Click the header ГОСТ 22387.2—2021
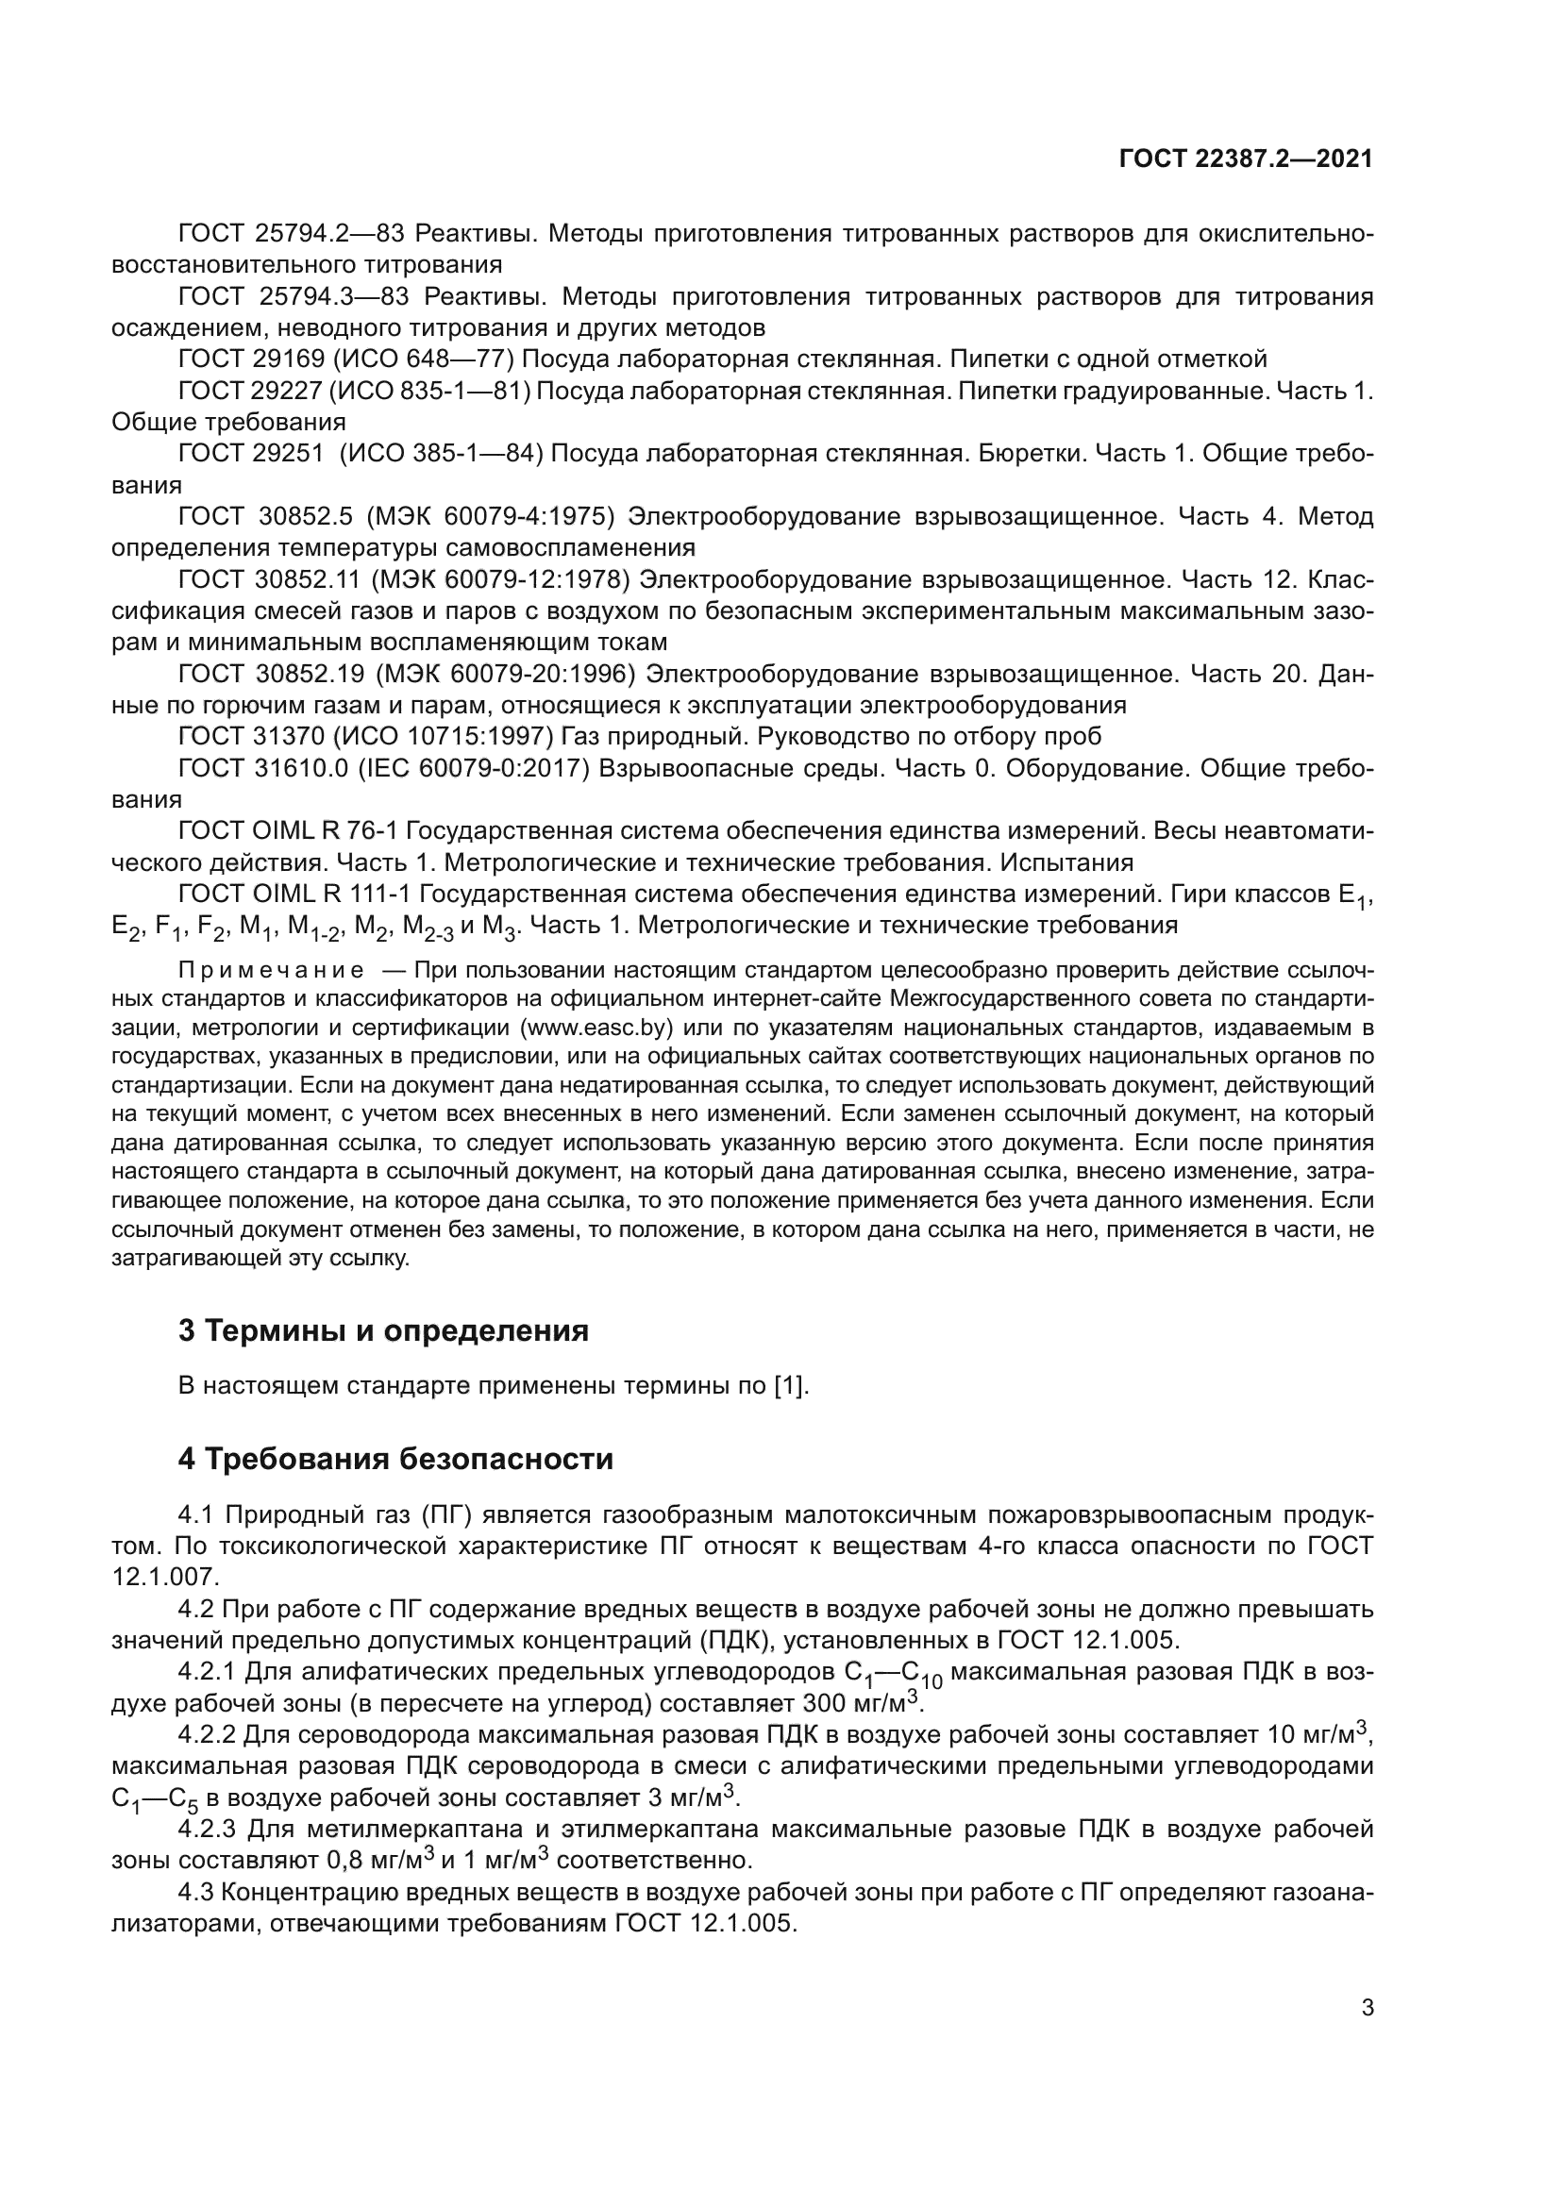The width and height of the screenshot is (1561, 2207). point(1246,159)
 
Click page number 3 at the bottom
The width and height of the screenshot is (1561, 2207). point(1367,2008)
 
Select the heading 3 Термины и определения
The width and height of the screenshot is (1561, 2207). point(383,1330)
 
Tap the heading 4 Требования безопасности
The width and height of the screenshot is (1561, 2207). point(395,1458)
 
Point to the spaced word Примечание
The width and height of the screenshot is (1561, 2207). point(271,969)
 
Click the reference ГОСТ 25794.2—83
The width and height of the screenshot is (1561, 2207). point(293,233)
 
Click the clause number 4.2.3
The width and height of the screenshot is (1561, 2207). point(207,1829)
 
